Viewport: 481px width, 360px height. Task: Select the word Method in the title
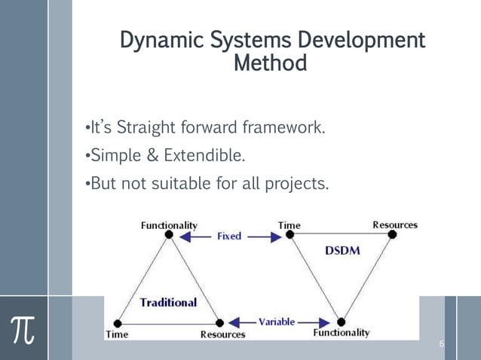pos(271,63)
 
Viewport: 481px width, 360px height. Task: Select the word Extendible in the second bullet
pos(204,155)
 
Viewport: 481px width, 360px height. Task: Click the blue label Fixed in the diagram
pos(229,236)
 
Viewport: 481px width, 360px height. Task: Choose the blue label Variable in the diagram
pos(277,322)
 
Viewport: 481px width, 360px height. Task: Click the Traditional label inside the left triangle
pos(168,302)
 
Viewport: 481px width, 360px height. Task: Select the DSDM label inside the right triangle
pos(342,251)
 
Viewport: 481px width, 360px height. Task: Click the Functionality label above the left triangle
pos(170,224)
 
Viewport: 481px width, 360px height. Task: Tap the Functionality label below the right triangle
pos(342,332)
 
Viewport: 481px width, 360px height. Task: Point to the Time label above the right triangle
pos(289,224)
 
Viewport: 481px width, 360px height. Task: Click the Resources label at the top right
pos(395,224)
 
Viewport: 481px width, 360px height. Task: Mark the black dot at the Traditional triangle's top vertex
pos(169,235)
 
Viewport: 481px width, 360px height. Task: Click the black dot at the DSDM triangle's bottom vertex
pos(341,322)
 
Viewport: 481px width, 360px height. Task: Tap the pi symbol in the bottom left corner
pos(24,329)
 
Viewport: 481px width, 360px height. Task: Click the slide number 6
pos(442,345)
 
